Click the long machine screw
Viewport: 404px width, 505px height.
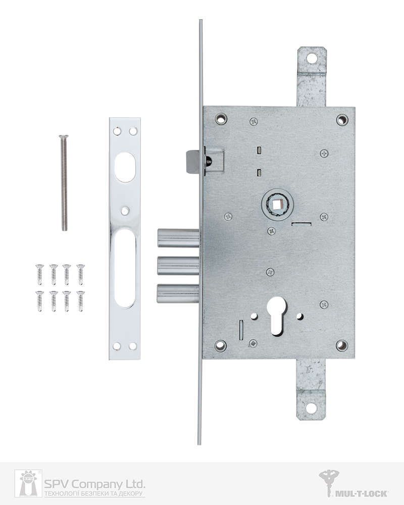coord(64,183)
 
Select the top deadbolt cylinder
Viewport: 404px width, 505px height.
coord(178,238)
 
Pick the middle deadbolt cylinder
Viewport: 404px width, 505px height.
coord(178,266)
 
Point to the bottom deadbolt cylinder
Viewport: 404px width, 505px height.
coord(178,293)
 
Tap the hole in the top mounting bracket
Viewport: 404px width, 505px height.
coord(312,58)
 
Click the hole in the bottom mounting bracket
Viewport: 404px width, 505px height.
coord(311,408)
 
